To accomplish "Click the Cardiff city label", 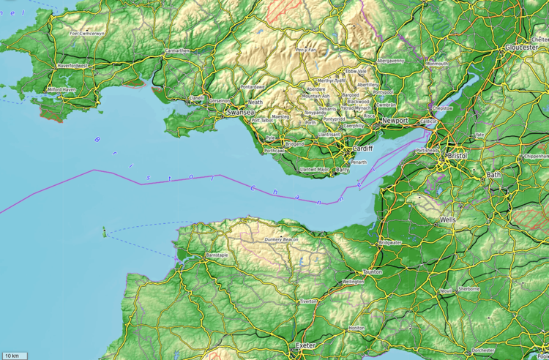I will pyautogui.click(x=362, y=148).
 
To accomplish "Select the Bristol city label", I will pyautogui.click(x=457, y=157).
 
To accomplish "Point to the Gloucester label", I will pyautogui.click(x=521, y=47).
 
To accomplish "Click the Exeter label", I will pyautogui.click(x=305, y=345).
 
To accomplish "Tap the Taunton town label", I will pyautogui.click(x=373, y=271).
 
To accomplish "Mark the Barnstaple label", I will pyautogui.click(x=217, y=255).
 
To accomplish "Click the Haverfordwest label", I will pyautogui.click(x=72, y=66).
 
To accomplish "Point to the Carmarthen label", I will pyautogui.click(x=178, y=50).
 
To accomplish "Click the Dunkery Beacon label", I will pyautogui.click(x=281, y=239).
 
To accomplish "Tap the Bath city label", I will pyautogui.click(x=495, y=175).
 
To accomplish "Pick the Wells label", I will pyautogui.click(x=448, y=220).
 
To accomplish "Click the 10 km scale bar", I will pyautogui.click(x=14, y=356).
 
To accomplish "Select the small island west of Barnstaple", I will pyautogui.click(x=104, y=233).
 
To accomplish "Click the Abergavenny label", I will pyautogui.click(x=390, y=61).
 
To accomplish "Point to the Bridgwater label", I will pyautogui.click(x=390, y=242).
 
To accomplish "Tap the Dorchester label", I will pyautogui.click(x=484, y=350).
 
